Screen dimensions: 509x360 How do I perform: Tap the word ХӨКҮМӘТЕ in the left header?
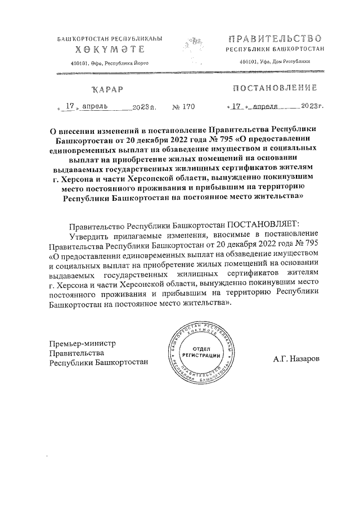click(x=110, y=50)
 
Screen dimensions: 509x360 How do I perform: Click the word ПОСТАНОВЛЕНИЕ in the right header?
click(x=274, y=88)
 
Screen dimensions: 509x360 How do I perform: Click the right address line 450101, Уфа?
click(x=274, y=62)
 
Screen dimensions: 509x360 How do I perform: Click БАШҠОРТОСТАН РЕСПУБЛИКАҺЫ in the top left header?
click(x=110, y=39)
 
